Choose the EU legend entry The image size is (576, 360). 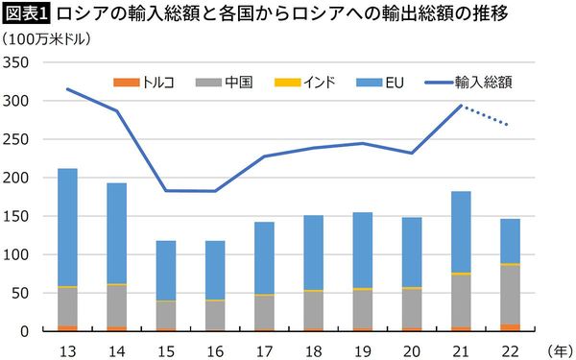pos(394,82)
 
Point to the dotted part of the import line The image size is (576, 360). pos(492,116)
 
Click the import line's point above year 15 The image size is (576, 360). pos(166,190)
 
